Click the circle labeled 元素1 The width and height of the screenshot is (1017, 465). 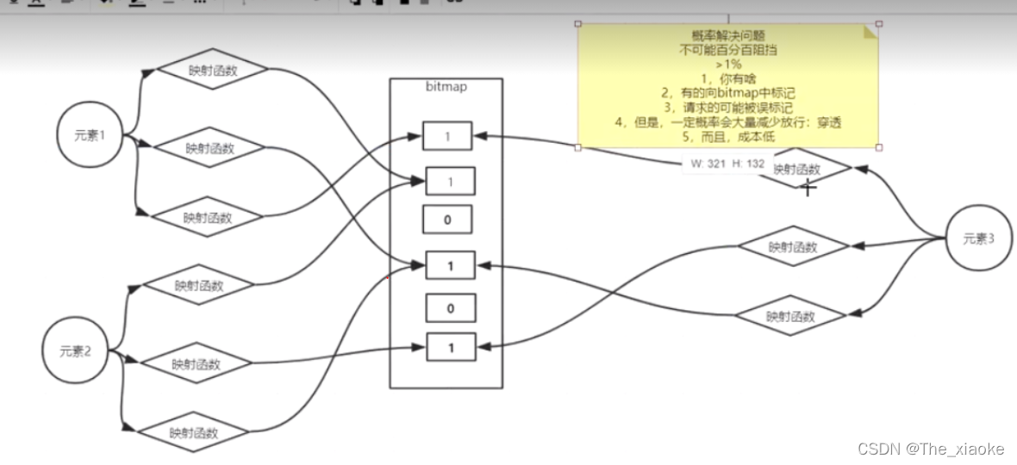(88, 136)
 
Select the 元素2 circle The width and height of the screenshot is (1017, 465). (76, 350)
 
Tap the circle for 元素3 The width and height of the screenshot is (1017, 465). (978, 239)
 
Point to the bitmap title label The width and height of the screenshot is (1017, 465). (446, 87)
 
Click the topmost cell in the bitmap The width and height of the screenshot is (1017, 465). (448, 136)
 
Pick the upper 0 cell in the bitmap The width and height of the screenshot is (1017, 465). (448, 220)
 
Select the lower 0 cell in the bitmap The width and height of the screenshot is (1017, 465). (450, 307)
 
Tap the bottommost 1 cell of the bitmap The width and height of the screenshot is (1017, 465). (450, 348)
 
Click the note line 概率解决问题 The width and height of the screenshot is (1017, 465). (728, 36)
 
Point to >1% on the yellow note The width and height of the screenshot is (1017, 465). (728, 64)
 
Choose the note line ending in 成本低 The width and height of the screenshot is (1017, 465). (728, 135)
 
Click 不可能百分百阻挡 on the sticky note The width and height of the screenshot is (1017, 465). (728, 50)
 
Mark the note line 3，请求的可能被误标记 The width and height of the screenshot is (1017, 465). (728, 107)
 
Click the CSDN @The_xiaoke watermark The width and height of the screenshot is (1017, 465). (932, 449)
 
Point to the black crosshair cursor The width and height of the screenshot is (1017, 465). (808, 188)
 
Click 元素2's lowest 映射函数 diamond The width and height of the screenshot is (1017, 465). (193, 432)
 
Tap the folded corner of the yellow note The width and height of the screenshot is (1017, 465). (870, 32)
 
